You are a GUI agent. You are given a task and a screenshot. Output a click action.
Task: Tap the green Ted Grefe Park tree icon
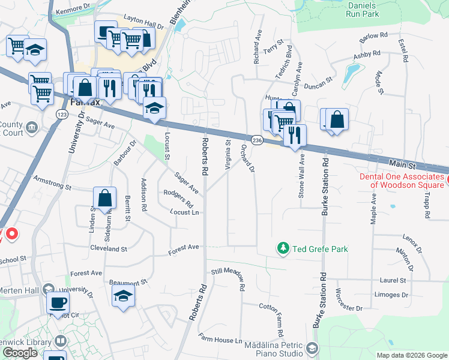[x=283, y=248]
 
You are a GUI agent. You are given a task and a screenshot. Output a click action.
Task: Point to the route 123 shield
[x=61, y=114]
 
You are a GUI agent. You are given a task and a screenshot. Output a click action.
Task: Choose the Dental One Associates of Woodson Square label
[x=402, y=181]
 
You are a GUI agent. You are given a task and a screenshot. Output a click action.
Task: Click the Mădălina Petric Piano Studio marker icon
[x=312, y=348]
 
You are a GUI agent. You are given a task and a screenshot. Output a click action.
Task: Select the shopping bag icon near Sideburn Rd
[x=104, y=197]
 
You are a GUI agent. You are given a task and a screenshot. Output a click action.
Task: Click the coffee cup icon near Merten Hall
[x=58, y=302]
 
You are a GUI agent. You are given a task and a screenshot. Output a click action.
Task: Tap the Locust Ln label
[x=184, y=212]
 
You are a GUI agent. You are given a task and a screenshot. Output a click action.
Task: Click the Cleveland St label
[x=109, y=248]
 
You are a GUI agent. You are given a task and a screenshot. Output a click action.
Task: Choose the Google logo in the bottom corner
[x=20, y=353]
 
